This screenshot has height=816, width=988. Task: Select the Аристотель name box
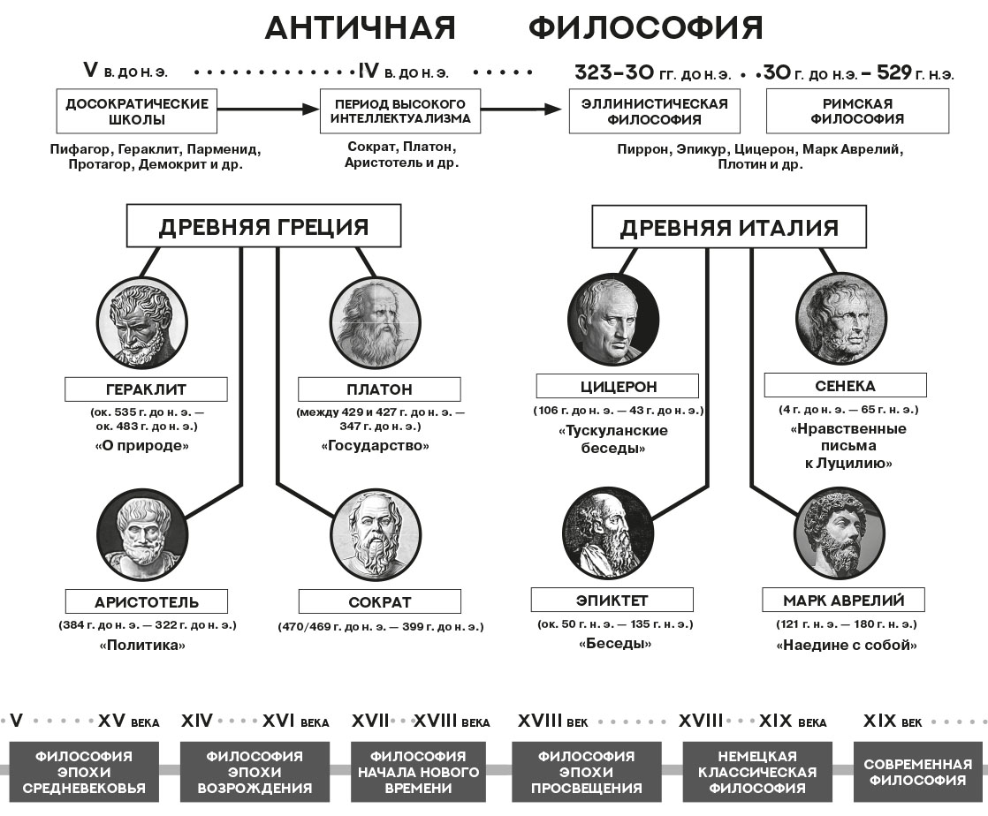pos(147,602)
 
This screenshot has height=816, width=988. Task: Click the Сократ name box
pos(380,602)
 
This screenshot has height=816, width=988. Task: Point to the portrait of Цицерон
pos(613,318)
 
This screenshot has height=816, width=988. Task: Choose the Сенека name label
pos(845,386)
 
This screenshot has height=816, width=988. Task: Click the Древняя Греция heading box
pos(263,227)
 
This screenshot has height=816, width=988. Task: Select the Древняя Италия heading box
pos(728,228)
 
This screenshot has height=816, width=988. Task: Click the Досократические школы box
pos(137,111)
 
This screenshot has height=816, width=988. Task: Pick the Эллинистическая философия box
pos(654,111)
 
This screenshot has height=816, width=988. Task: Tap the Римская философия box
pos(857,111)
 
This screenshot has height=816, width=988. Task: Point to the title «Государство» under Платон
pos(375,446)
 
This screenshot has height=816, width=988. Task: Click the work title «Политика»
pos(143,645)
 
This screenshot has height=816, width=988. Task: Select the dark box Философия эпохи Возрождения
pos(255,772)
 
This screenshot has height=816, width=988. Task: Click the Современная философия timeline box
pos(917,772)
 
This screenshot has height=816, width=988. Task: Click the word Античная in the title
pos(361,28)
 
